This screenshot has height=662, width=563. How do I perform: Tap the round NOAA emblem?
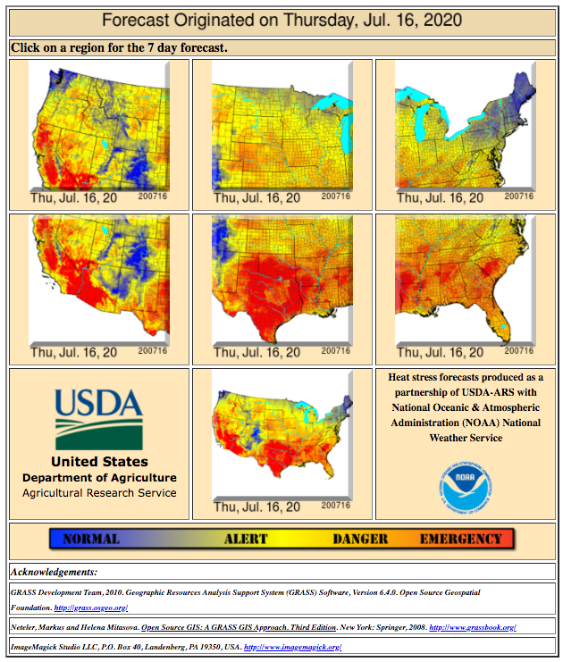466,486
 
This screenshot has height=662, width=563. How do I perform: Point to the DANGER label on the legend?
360,539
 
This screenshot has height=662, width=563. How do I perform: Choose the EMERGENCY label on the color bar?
460,539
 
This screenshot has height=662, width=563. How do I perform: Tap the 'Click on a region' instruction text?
119,47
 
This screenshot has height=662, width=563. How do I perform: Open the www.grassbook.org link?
472,628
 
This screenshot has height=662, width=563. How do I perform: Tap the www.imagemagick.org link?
292,647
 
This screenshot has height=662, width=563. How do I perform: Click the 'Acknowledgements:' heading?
55,572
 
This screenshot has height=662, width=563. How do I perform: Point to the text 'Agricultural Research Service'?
99,493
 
